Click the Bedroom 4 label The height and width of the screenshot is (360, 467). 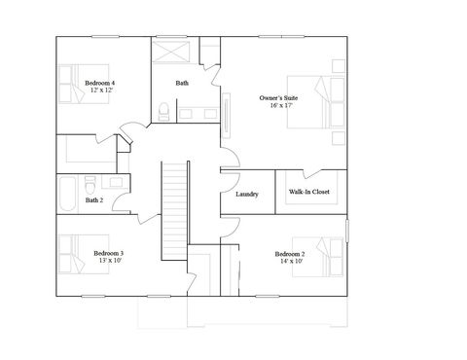(x=100, y=84)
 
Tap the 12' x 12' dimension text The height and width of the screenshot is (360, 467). (x=100, y=91)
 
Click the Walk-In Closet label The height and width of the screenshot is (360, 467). (x=309, y=192)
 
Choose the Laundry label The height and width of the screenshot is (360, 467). (x=247, y=194)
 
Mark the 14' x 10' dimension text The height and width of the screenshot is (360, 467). (x=291, y=261)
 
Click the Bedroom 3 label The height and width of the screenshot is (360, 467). (x=108, y=253)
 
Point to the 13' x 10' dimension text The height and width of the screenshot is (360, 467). (x=108, y=261)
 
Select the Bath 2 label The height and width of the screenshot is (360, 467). (x=93, y=200)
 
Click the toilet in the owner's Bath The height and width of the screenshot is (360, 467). (x=165, y=113)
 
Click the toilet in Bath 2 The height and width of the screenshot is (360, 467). (x=90, y=182)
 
